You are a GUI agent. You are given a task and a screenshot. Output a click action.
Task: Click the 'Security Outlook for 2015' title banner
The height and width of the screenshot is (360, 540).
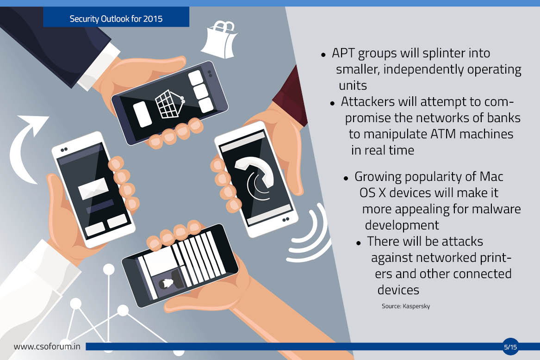tap(116, 17)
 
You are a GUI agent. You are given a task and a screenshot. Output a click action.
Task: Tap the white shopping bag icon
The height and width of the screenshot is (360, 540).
tap(220, 40)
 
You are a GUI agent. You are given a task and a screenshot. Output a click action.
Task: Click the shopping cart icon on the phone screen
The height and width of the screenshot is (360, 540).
tap(170, 104)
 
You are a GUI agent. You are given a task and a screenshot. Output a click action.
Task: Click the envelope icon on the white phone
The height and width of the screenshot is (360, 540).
tap(93, 188)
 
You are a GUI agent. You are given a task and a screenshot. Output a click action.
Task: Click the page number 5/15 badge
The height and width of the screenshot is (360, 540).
tap(510, 347)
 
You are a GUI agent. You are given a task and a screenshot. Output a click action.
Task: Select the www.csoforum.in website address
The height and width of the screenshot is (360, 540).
tap(47, 346)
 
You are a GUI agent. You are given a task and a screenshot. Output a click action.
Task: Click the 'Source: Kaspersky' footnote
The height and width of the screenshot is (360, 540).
tap(406, 306)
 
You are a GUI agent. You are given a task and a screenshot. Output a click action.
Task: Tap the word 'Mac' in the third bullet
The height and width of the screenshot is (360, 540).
tap(491, 177)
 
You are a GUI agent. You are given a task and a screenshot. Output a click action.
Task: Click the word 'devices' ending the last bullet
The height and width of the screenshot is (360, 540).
tap(398, 290)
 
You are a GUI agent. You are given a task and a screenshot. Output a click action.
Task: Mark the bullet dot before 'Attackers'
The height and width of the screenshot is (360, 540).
tap(332, 103)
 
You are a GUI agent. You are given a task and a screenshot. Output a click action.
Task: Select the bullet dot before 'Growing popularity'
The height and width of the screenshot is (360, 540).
tap(346, 178)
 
